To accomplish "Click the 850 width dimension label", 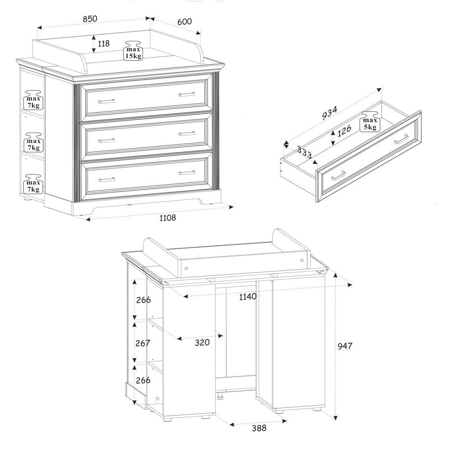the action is click(x=90, y=19).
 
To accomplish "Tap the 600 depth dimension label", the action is click(x=185, y=21).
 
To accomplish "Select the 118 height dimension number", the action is click(x=103, y=44).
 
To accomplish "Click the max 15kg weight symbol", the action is click(x=133, y=50).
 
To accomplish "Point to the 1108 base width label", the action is click(x=168, y=218).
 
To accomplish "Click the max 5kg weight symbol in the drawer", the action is click(x=370, y=122).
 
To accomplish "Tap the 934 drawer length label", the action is click(x=329, y=113).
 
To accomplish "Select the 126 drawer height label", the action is click(x=344, y=131).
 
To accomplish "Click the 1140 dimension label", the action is click(x=248, y=297).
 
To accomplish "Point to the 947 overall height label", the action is click(x=345, y=346).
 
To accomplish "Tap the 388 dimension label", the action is click(x=259, y=428).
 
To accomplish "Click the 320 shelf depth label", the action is click(x=202, y=342).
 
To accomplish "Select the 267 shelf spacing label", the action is click(x=143, y=343).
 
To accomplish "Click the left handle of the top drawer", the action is click(x=106, y=101).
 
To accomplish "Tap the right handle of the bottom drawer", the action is click(x=187, y=173).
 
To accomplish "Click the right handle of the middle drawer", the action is click(x=187, y=133).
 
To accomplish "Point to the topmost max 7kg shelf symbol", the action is click(x=33, y=100).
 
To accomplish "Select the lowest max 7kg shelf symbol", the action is click(x=33, y=184).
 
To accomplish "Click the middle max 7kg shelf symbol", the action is click(x=33, y=142).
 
